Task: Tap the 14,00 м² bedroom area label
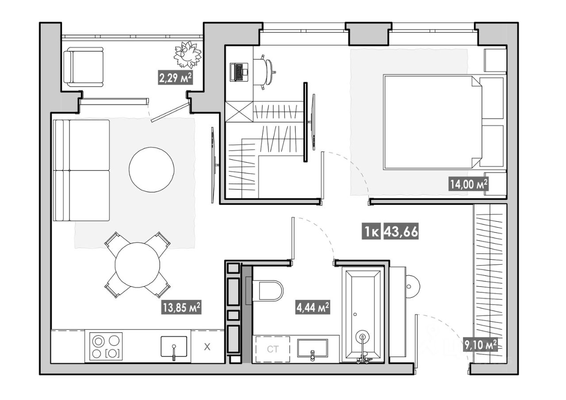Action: pos(469,184)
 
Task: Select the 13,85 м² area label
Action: pos(181,307)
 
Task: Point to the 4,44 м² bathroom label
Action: pos(313,307)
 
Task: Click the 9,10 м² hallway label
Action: pos(480,345)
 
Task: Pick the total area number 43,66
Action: pos(401,231)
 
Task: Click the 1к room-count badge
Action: pos(371,231)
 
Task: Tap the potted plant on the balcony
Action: pos(187,54)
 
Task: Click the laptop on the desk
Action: pos(239,72)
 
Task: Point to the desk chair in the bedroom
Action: pos(265,72)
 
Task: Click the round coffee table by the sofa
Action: pos(151,169)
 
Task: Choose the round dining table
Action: pos(138,265)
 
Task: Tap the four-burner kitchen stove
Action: pos(106,346)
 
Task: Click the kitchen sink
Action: pos(174,347)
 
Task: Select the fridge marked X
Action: pos(207,346)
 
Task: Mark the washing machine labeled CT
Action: pos(273,349)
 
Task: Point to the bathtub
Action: pos(363,315)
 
